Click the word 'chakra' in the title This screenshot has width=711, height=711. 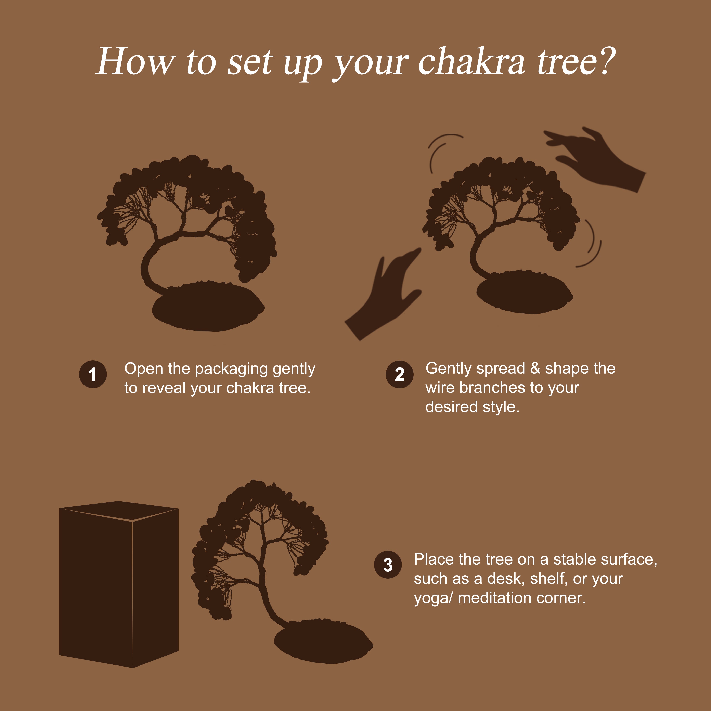(x=471, y=62)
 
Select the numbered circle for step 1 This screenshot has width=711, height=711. (x=93, y=374)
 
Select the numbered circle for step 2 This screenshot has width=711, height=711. (x=399, y=374)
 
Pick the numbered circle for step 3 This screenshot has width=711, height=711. (x=388, y=565)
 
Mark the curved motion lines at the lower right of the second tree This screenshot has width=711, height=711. (x=591, y=245)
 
